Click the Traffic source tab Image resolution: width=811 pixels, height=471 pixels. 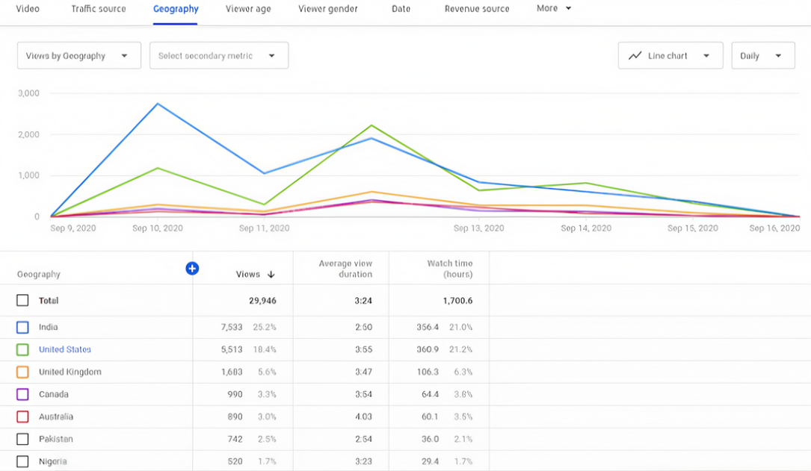(x=99, y=9)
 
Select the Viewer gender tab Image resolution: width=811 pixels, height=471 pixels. (x=327, y=9)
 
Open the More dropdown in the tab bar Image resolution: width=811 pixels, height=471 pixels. (x=554, y=8)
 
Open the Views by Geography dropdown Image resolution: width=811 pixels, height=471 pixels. (x=78, y=56)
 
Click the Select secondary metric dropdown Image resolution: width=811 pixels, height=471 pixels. (x=218, y=56)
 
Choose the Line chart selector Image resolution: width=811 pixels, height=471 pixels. (x=670, y=56)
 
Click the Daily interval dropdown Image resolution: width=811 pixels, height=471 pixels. (x=762, y=56)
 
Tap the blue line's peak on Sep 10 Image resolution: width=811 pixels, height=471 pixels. (x=158, y=104)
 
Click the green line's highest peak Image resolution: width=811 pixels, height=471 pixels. (x=371, y=125)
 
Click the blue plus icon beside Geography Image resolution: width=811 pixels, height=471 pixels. (x=192, y=269)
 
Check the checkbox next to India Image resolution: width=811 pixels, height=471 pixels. (x=22, y=327)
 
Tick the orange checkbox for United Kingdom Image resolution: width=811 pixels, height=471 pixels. (x=22, y=372)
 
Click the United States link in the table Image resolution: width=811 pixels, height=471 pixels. (x=65, y=349)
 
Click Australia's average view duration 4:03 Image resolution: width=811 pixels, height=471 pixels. (x=363, y=417)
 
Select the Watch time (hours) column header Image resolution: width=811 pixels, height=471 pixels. (x=449, y=269)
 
